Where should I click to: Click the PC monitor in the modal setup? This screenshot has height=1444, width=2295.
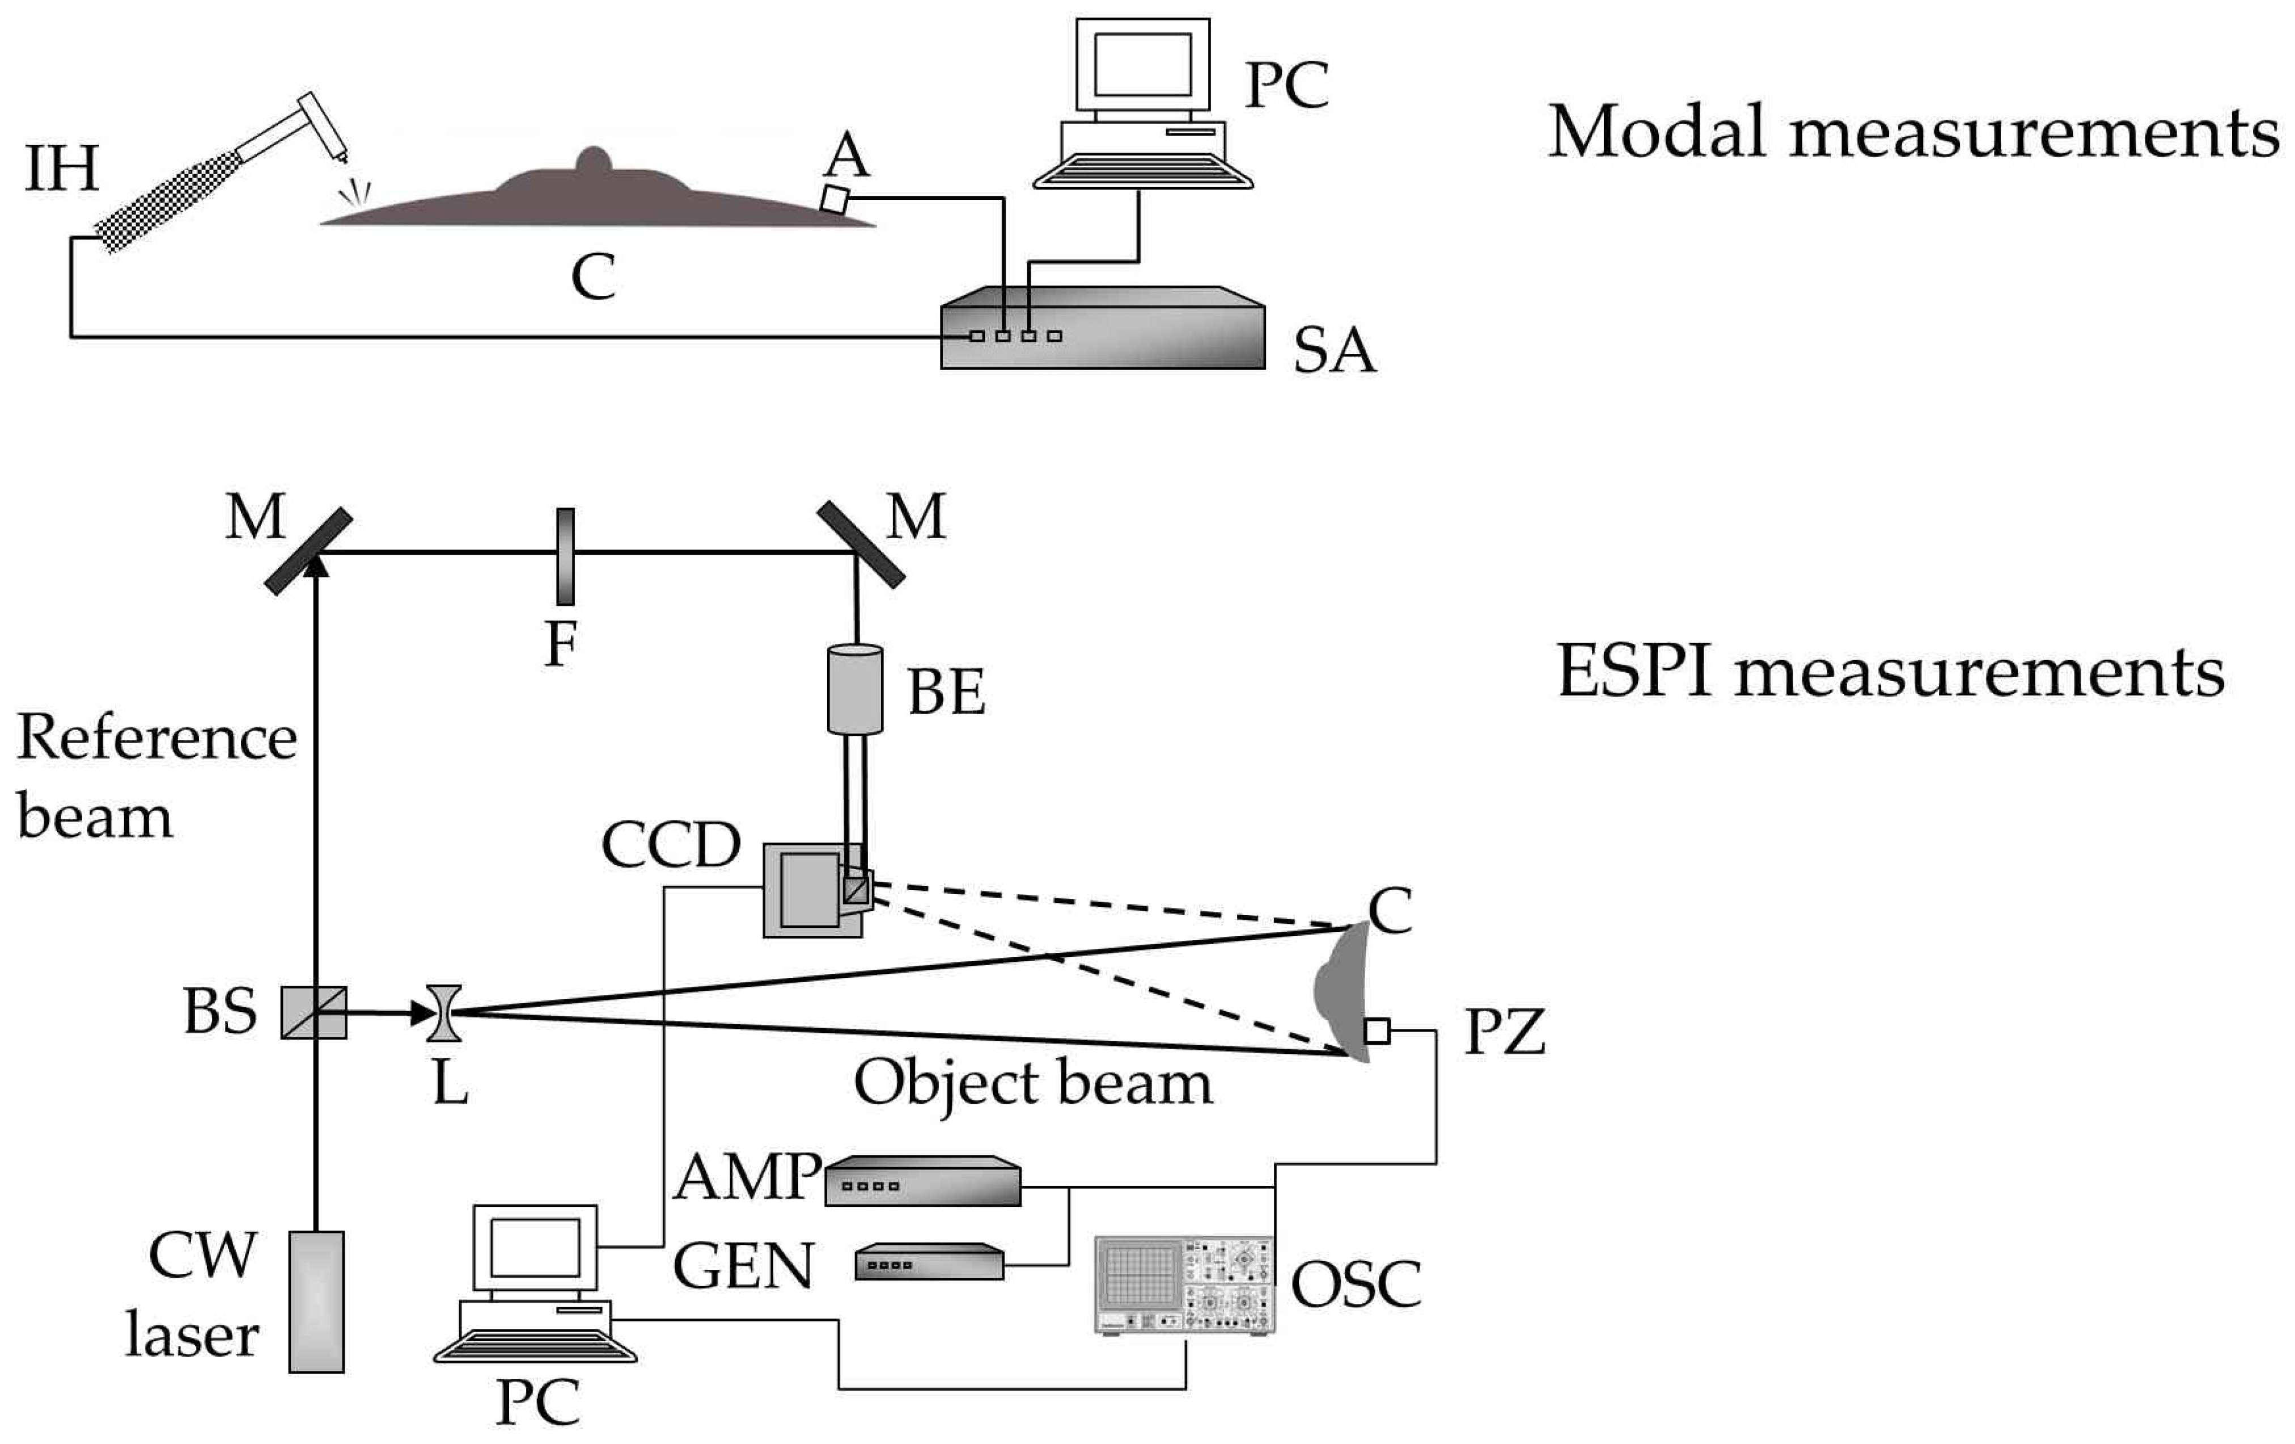[x=1143, y=65]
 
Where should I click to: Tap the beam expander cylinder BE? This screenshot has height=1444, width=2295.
[x=855, y=690]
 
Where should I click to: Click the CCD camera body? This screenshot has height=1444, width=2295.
[x=812, y=889]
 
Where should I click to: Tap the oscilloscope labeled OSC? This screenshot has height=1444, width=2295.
[x=1184, y=1285]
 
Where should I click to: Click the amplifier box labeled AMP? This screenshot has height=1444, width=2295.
[x=922, y=1182]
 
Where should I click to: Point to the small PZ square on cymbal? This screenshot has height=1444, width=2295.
[x=1376, y=1031]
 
